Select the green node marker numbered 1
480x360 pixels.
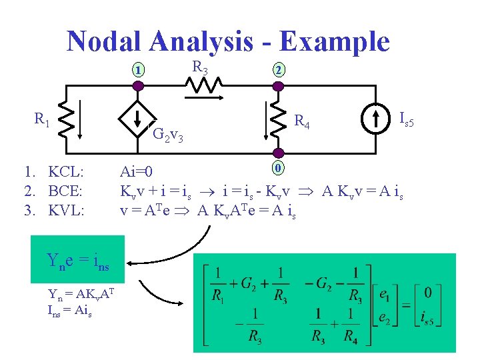coord(137,69)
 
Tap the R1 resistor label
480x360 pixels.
coord(42,120)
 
